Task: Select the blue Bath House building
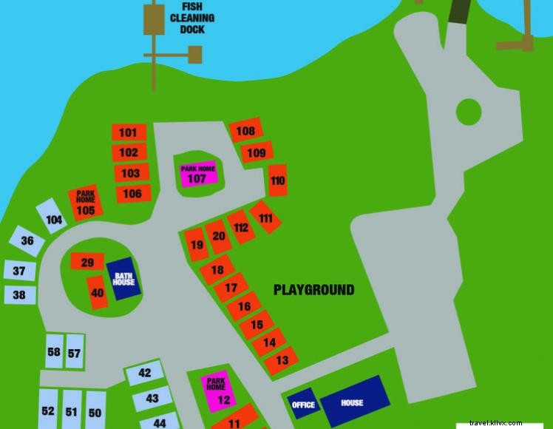pyautogui.click(x=123, y=279)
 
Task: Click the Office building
pyautogui.click(x=303, y=405)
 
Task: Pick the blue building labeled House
pyautogui.click(x=353, y=402)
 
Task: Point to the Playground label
pyautogui.click(x=313, y=290)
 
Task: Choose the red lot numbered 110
pyautogui.click(x=277, y=180)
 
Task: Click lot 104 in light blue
pyautogui.click(x=53, y=217)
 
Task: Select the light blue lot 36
pyautogui.click(x=26, y=241)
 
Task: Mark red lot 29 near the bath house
pyautogui.click(x=86, y=262)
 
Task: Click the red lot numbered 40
pyautogui.click(x=97, y=292)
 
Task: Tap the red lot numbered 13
pyautogui.click(x=281, y=360)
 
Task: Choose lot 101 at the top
pyautogui.click(x=129, y=132)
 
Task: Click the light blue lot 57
pyautogui.click(x=74, y=353)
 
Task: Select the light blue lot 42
pyautogui.click(x=144, y=374)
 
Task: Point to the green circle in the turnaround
pyautogui.click(x=468, y=112)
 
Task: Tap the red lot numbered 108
pyautogui.click(x=245, y=131)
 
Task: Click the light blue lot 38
pyautogui.click(x=20, y=295)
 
